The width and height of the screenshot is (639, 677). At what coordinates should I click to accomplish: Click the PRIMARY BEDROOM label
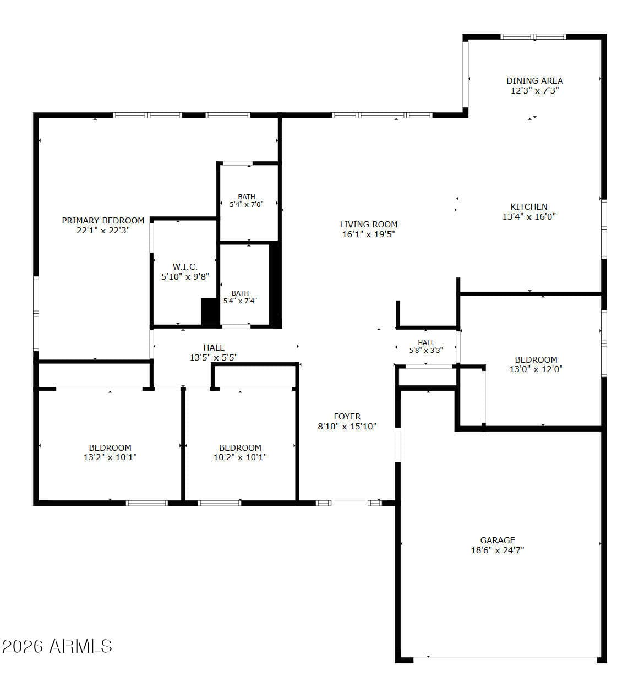click(x=103, y=221)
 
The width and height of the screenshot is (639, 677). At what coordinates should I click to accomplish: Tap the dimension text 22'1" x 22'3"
click(x=103, y=231)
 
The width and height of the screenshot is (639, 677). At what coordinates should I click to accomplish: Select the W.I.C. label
click(x=185, y=266)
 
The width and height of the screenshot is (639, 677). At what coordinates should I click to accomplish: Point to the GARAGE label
click(x=498, y=540)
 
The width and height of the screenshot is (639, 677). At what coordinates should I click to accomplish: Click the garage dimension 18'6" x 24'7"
click(x=498, y=550)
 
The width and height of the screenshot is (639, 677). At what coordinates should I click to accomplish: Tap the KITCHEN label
click(x=529, y=206)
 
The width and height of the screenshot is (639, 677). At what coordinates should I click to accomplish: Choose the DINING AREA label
click(x=534, y=81)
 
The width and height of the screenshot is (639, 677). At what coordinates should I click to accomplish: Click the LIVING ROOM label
click(x=369, y=225)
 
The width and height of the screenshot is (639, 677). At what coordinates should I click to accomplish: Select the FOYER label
click(x=347, y=416)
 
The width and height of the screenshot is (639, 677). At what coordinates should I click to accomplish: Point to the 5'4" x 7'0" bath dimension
click(x=247, y=205)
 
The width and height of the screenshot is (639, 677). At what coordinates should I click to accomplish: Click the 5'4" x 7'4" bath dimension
click(x=240, y=301)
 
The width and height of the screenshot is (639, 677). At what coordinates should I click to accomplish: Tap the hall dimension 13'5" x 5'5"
click(x=214, y=357)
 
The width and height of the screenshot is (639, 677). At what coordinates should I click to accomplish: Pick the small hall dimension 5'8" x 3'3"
click(x=426, y=350)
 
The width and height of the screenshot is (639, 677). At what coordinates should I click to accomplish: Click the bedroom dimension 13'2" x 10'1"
click(x=110, y=457)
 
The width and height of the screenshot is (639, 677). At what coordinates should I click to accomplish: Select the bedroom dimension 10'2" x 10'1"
click(x=240, y=457)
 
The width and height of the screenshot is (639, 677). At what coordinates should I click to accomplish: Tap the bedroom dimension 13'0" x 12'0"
click(x=536, y=369)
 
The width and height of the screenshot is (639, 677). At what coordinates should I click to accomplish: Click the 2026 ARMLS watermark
click(x=57, y=646)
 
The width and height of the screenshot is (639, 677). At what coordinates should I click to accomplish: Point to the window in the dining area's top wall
click(x=534, y=36)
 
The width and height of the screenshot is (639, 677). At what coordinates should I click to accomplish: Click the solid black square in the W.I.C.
click(x=209, y=312)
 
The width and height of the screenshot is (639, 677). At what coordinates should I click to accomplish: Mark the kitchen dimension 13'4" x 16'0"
click(x=529, y=216)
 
